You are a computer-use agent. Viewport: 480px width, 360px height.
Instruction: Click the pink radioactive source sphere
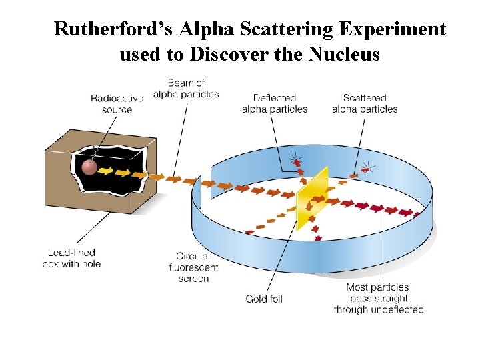(x=89, y=167)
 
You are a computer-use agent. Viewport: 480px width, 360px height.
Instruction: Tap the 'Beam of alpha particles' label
(x=186, y=88)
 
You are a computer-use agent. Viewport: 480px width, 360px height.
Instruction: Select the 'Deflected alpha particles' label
(x=275, y=103)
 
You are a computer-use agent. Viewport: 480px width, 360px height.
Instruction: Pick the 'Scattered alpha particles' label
(x=364, y=103)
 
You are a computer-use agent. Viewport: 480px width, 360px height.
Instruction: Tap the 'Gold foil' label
(x=264, y=299)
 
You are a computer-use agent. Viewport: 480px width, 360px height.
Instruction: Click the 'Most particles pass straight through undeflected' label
(x=378, y=298)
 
